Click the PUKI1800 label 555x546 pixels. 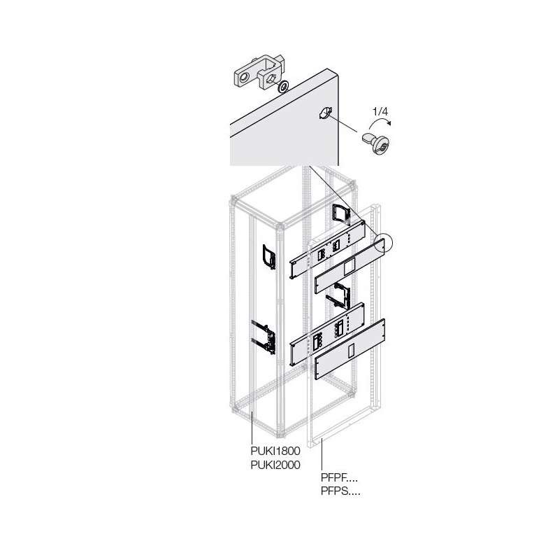(275, 451)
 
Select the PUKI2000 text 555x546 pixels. (275, 465)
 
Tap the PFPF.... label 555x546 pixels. (339, 477)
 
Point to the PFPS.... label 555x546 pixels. (340, 491)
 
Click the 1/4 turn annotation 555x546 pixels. (380, 112)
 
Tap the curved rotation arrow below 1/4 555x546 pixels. (380, 122)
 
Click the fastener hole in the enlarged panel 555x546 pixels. (325, 113)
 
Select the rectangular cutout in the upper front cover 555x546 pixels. (349, 266)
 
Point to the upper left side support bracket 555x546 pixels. (268, 256)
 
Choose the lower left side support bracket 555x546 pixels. (264, 337)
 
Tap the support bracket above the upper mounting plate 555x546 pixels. (341, 214)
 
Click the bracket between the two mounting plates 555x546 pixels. (338, 295)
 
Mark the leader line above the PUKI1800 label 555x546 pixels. (252, 426)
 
